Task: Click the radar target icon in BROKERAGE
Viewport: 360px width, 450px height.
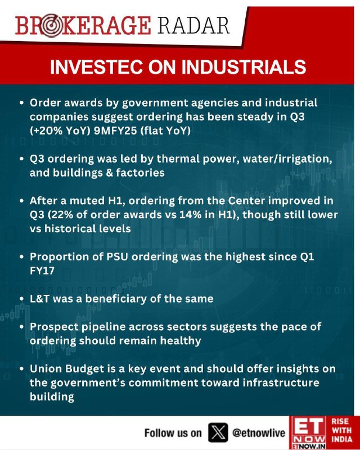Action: pyautogui.click(x=51, y=25)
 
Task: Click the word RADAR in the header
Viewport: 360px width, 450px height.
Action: pyautogui.click(x=193, y=25)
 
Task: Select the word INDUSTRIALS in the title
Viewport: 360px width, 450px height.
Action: pyautogui.click(x=244, y=67)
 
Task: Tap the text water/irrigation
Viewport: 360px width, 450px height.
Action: pyautogui.click(x=287, y=159)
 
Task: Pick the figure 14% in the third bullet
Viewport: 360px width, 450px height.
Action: pyautogui.click(x=190, y=215)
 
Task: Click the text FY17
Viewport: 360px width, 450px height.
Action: pyautogui.click(x=42, y=271)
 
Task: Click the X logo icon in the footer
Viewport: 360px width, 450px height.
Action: pyautogui.click(x=218, y=433)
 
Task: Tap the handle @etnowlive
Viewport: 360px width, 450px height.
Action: pyautogui.click(x=259, y=433)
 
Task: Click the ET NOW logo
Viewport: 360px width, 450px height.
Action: pyautogui.click(x=308, y=433)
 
